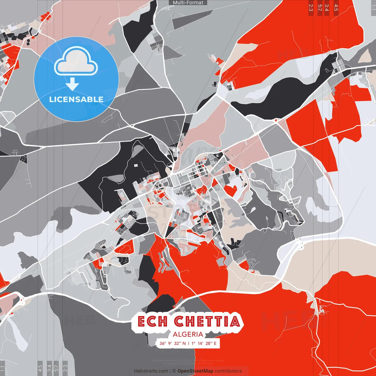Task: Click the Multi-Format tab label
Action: click(x=188, y=3)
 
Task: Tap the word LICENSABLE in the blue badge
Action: click(x=76, y=99)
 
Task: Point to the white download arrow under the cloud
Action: click(x=72, y=84)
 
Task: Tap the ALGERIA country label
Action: click(x=188, y=334)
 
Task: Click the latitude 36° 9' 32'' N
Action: click(x=172, y=343)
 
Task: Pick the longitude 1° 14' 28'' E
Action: click(x=204, y=343)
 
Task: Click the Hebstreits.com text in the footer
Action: click(x=151, y=371)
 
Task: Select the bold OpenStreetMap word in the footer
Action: click(x=195, y=371)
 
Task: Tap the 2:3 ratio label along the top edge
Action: click(x=311, y=7)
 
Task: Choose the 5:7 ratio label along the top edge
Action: click(x=320, y=7)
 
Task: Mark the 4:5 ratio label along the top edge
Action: click(x=336, y=7)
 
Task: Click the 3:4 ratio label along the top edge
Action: click(x=327, y=7)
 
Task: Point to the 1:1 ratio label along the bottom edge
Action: click(x=3, y=368)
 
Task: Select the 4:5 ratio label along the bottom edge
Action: click(x=40, y=368)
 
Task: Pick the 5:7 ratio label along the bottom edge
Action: click(x=56, y=368)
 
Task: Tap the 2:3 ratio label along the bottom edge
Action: click(x=65, y=368)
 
